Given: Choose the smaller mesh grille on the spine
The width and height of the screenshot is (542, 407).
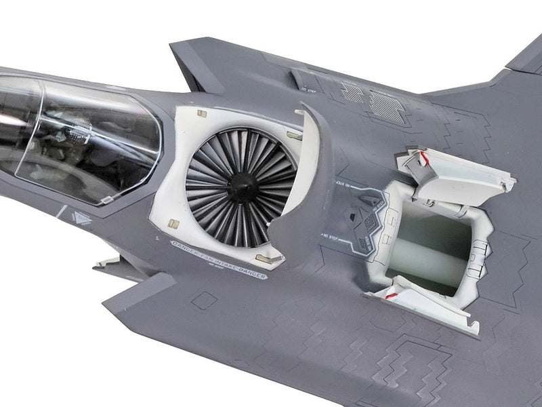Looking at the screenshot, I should tap(352, 92).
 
